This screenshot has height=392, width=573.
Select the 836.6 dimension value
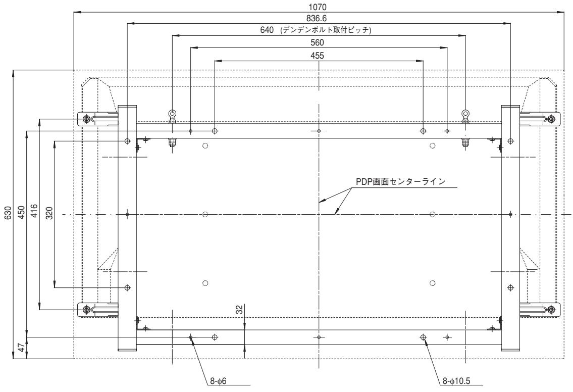pos(319,19)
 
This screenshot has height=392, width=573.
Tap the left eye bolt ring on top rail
pos(172,113)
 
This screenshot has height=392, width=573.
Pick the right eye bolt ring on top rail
pos(464,113)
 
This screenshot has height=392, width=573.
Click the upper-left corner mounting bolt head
pos(87,119)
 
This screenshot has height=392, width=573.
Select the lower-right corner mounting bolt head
pos(551,309)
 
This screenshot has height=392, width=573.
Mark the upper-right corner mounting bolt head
pos(551,119)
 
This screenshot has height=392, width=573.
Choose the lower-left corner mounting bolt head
pos(87,309)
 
